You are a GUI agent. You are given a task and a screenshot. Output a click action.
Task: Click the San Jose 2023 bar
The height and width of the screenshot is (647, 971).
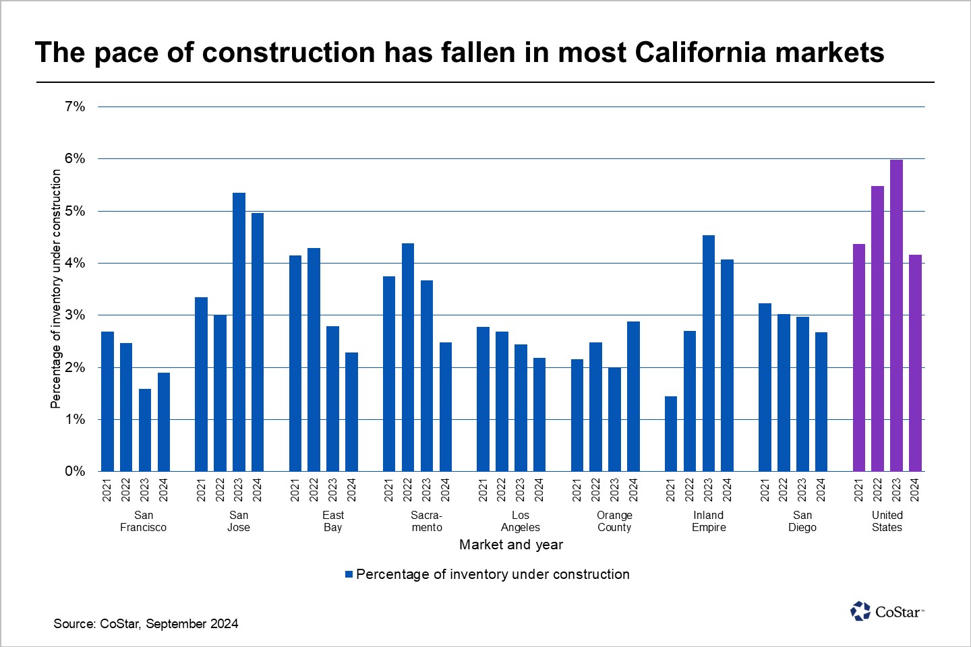(239, 332)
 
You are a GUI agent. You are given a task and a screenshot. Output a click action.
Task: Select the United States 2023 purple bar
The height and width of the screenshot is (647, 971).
(896, 315)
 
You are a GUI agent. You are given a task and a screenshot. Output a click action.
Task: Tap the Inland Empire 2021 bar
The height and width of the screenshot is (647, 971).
(670, 434)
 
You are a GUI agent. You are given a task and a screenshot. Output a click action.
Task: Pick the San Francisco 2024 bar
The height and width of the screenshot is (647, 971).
(164, 422)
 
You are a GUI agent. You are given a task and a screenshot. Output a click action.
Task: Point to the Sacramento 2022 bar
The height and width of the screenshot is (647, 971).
(408, 357)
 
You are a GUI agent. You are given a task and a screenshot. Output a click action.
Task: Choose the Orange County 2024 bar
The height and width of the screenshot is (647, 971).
(633, 396)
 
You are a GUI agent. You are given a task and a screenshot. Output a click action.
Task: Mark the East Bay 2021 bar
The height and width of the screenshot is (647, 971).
(295, 363)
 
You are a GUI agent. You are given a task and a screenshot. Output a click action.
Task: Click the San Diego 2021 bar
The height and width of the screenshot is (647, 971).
(765, 388)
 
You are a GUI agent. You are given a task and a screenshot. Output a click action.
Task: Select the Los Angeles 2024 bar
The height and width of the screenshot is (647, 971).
(539, 414)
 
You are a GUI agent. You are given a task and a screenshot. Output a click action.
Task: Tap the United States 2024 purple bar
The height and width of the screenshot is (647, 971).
(915, 363)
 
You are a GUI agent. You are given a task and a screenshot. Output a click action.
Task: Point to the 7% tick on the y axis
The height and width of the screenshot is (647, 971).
(75, 106)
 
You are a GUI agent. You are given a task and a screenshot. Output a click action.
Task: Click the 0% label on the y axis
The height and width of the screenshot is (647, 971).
(75, 471)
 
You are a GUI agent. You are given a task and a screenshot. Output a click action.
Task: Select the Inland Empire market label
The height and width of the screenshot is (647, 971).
(709, 521)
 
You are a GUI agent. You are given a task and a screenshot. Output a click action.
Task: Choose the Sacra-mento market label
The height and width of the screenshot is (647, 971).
(427, 521)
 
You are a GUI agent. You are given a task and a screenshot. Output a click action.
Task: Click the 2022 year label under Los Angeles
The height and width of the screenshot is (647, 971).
(502, 490)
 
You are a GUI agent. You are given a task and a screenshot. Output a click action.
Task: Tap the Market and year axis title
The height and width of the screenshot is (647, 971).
(510, 545)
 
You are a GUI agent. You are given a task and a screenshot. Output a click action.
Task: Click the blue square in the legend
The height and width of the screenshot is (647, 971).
(349, 574)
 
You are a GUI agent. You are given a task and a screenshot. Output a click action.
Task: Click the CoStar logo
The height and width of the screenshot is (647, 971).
(887, 611)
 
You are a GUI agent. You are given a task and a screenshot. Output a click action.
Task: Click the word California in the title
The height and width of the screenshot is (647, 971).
(699, 53)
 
